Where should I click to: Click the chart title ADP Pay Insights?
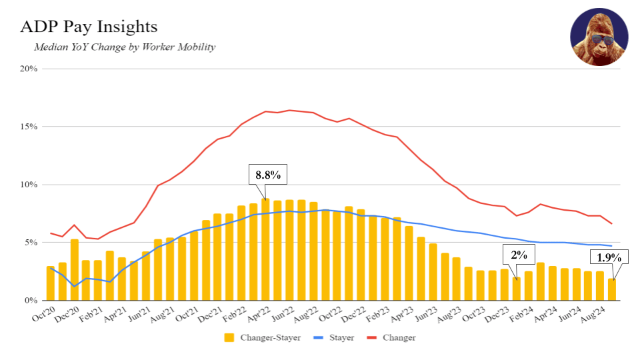(89, 27)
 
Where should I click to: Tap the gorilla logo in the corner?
(599, 37)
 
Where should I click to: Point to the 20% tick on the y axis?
(27, 69)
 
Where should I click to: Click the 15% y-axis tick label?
(27, 127)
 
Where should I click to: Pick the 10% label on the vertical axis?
(27, 185)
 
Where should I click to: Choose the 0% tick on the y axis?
(30, 301)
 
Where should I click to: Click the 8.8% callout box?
(268, 176)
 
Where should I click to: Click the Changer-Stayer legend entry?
(263, 338)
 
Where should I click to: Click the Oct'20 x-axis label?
(42, 313)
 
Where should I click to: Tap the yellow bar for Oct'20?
(51, 283)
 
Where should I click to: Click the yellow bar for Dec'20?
(75, 270)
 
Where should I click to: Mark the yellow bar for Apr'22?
(265, 250)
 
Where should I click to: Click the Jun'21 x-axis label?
(138, 313)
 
